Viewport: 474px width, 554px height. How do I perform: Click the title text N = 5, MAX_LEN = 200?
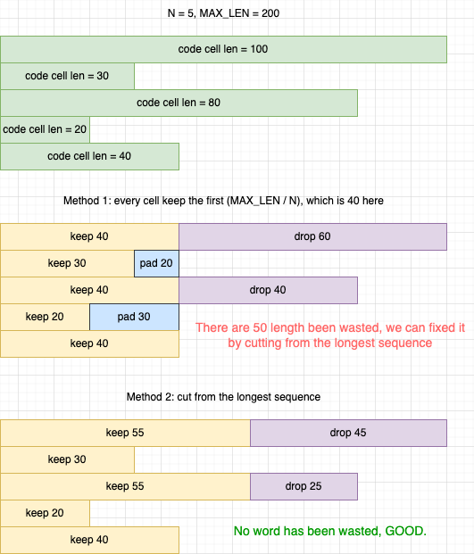(x=223, y=13)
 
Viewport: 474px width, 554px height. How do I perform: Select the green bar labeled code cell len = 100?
(x=223, y=49)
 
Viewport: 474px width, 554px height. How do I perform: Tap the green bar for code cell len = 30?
(x=67, y=77)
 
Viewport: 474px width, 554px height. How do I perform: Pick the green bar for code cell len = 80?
(x=179, y=103)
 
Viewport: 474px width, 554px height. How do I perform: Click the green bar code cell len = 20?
(x=45, y=129)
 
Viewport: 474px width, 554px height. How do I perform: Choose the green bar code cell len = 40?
(x=89, y=156)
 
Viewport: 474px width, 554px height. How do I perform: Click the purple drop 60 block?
(x=312, y=236)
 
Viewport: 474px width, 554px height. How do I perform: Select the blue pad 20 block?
(x=156, y=263)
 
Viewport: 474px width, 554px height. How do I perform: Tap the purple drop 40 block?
(x=269, y=291)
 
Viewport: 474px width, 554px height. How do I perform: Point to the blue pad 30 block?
(x=134, y=317)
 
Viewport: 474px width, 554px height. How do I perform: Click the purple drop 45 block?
(x=348, y=434)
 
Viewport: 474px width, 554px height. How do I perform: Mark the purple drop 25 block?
(x=304, y=486)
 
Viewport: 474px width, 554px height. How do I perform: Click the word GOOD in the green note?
(x=405, y=531)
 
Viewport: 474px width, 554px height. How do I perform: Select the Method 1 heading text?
(x=223, y=201)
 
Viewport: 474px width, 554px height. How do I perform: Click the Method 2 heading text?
(x=223, y=397)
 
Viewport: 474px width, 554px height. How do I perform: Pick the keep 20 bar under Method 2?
(x=45, y=513)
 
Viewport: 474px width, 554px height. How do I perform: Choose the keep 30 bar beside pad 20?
(x=67, y=263)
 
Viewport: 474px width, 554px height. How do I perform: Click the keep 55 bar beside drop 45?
(x=125, y=434)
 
